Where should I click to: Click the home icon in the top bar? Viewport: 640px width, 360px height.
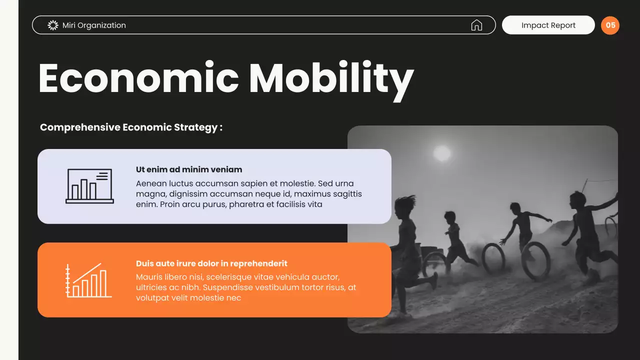coord(476,25)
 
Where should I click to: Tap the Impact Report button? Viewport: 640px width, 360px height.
coord(548,25)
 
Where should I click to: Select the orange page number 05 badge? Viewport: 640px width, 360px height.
coord(610,25)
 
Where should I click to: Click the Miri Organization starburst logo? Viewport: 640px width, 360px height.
coord(53,25)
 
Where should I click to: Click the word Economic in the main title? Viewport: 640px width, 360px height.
coord(138,78)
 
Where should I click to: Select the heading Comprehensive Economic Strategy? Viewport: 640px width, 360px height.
coord(131,127)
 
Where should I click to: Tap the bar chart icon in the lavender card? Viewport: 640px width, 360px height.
coord(89,186)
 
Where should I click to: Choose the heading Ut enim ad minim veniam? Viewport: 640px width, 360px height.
coord(189,169)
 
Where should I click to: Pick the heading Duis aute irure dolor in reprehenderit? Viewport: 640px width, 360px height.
coord(211,263)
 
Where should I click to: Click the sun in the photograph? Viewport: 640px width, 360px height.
coord(442,153)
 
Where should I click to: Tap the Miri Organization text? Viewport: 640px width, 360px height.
coord(94,25)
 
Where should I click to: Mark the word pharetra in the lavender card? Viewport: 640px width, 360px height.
coord(247,204)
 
